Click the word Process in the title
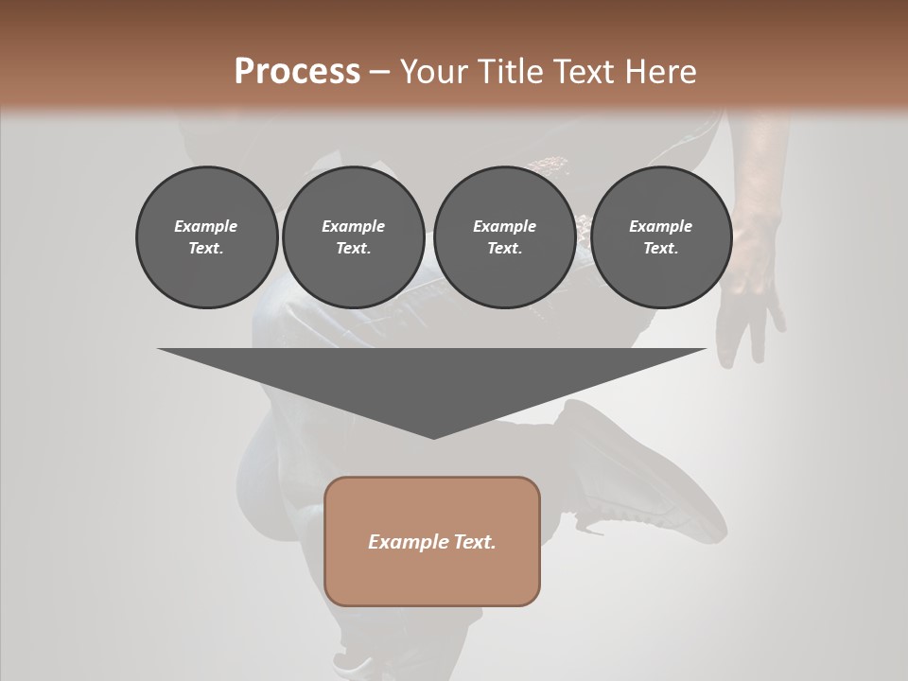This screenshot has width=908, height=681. pos(297,71)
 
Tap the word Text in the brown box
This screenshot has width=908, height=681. pos(476,542)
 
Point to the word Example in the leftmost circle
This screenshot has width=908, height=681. pos(206,226)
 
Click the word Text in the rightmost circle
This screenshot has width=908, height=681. pos(661,248)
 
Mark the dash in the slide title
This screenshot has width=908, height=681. pos(380,72)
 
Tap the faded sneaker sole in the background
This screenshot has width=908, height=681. pos(662,482)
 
